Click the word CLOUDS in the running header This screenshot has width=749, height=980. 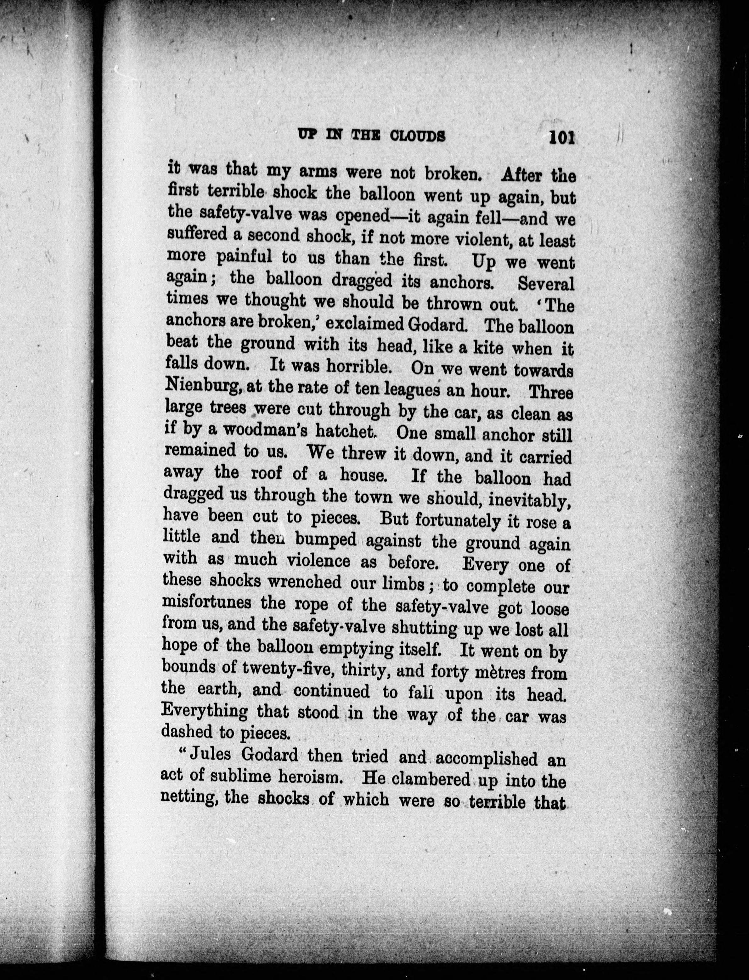click(x=417, y=136)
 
